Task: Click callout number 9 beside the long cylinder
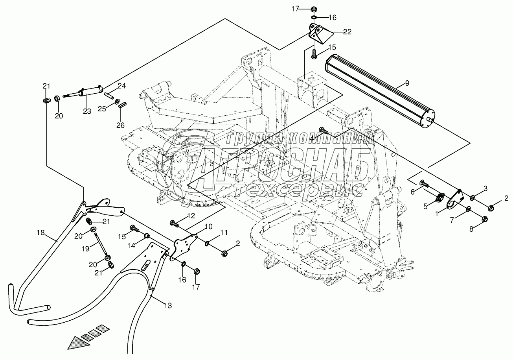coord(407,83)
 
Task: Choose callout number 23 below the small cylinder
coord(87,111)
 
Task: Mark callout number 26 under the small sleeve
coord(120,125)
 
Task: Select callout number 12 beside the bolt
coord(191,215)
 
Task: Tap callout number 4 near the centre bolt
coord(311,138)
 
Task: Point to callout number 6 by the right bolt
coord(412,191)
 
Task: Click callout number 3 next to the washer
coord(485,188)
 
